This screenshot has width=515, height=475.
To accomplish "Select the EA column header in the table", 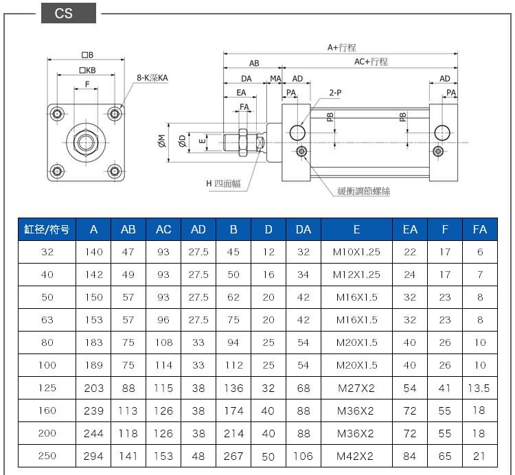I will (410, 229).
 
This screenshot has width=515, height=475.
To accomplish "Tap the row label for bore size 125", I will (47, 388).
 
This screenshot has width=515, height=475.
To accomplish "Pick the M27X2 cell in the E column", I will (356, 388).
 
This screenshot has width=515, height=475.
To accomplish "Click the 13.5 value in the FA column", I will (478, 388).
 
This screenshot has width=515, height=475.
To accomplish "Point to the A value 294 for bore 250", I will (93, 456).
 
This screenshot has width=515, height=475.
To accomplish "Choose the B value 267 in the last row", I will (233, 456).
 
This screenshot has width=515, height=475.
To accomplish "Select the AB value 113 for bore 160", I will (128, 410).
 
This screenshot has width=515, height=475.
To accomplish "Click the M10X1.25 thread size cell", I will (356, 252).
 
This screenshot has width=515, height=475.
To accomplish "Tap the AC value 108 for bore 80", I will (163, 343).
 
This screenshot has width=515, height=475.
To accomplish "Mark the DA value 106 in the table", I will (303, 456).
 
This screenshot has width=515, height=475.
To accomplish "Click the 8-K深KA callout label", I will (152, 78).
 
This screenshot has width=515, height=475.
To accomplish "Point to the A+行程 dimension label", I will (341, 47).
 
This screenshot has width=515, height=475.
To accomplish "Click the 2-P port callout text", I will (335, 92).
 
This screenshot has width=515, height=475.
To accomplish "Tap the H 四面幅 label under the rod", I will (223, 183).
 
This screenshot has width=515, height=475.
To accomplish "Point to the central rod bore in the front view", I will (86, 142).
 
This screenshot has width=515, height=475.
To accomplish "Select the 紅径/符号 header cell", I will (47, 229).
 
